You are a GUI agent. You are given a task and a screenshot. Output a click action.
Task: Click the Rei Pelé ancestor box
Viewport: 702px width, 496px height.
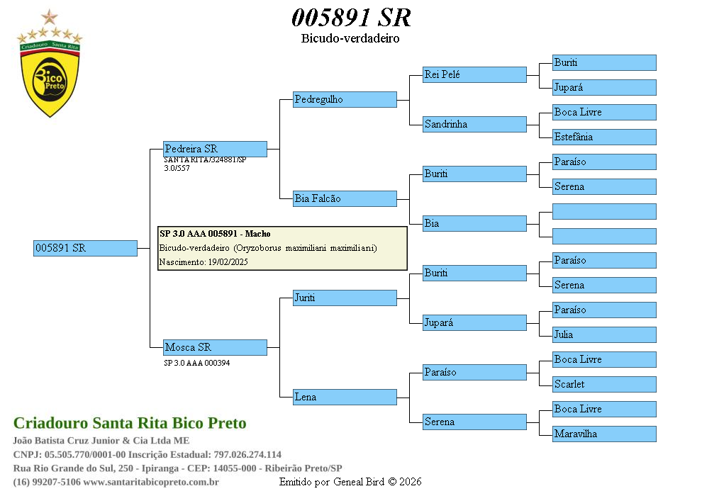coord(474,74)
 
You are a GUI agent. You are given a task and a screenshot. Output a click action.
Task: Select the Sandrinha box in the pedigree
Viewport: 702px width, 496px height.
coord(474,124)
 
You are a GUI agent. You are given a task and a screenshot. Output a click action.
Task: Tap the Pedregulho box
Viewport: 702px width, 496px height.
coord(345,99)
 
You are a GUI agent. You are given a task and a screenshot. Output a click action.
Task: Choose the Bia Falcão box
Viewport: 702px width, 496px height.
coord(345,198)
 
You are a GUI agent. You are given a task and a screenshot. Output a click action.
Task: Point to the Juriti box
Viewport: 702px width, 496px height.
coord(345,298)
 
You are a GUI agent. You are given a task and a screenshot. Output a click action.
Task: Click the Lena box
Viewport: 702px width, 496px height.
coord(345,397)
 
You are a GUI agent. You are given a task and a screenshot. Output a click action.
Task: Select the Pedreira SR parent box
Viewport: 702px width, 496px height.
coord(215,149)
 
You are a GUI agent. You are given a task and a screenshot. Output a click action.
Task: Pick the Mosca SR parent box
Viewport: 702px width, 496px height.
coord(215,347)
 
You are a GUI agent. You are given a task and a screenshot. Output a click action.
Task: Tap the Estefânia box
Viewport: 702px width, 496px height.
coord(604,137)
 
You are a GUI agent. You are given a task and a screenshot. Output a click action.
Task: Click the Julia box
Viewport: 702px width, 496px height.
coord(604,334)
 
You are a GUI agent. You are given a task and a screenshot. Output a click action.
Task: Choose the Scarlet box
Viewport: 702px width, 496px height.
coord(604,384)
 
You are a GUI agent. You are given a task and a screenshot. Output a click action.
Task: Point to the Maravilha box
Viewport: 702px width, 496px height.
coord(604,434)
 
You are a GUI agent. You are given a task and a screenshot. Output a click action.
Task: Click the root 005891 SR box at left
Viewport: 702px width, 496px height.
coord(85,248)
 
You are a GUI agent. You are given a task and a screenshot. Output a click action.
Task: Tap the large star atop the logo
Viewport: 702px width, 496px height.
coord(50,17)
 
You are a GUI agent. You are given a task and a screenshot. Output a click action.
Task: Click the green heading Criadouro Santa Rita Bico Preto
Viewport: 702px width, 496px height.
coord(130,423)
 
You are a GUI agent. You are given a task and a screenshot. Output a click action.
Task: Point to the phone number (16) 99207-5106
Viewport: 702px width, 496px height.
coord(46,482)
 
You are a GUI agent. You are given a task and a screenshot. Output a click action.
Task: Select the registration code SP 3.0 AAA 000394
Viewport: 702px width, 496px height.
coord(196,363)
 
